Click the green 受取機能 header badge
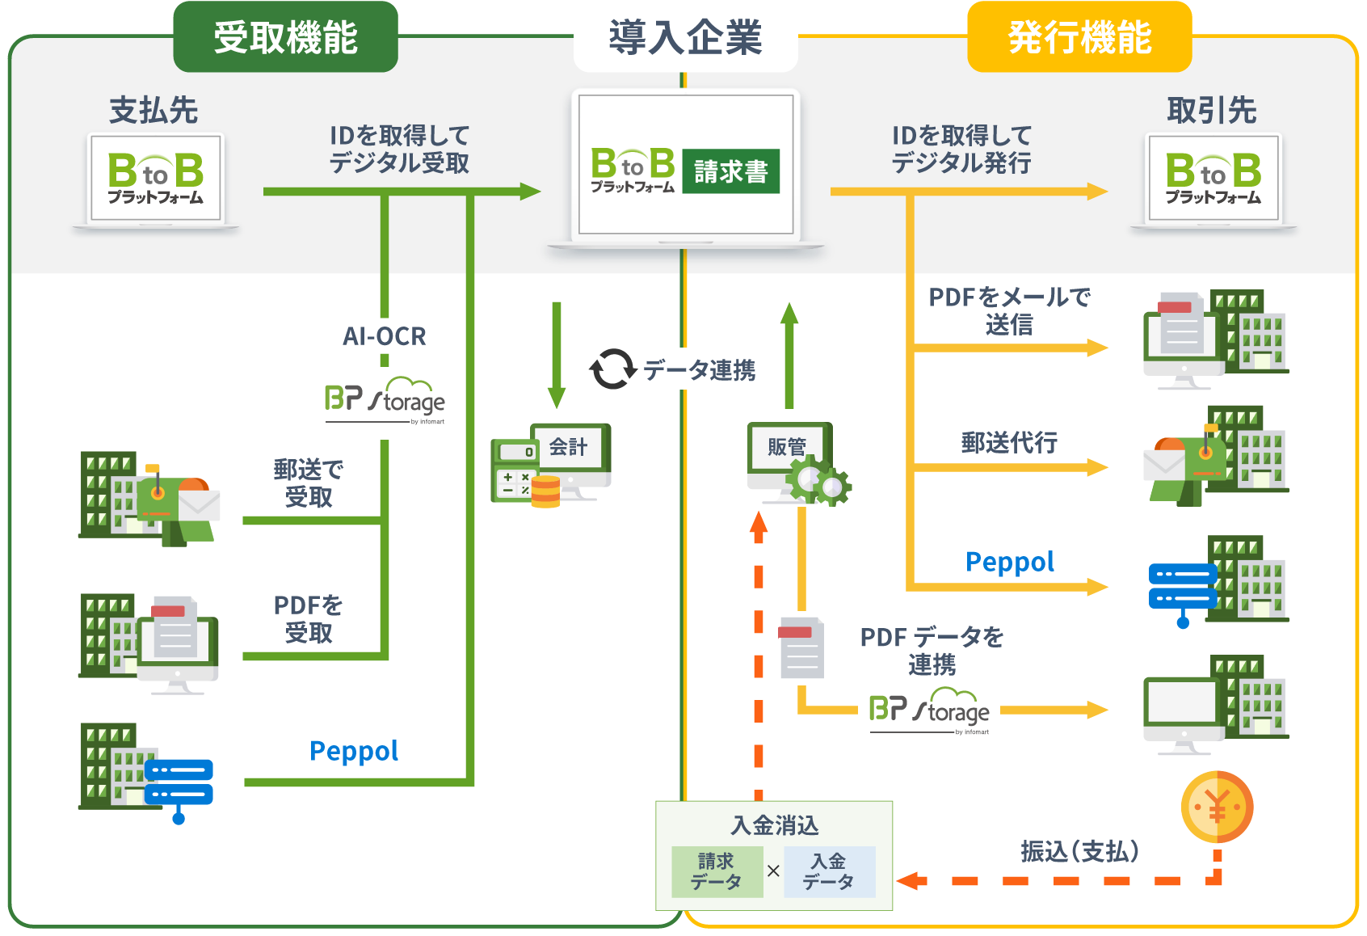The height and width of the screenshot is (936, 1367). pos(285,37)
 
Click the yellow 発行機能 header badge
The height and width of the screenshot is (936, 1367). pos(1079,37)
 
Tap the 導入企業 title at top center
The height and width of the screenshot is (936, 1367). pos(685,38)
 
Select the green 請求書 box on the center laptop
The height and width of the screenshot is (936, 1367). pos(730,171)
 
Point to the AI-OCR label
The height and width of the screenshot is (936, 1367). pos(384,336)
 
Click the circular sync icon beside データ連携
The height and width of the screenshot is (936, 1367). pos(612,369)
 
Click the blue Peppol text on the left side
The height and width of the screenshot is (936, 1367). pos(354,751)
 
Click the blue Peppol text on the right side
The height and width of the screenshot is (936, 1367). pos(1010,562)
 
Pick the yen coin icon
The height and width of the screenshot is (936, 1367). pos(1217,807)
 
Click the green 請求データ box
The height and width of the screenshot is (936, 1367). pos(717,871)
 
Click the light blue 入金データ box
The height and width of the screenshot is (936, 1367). pos(829,871)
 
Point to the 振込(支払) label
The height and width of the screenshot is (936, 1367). pos(1079,851)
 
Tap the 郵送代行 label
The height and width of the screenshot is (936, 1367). pos(1009,442)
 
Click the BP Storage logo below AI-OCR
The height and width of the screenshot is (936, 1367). pos(385,398)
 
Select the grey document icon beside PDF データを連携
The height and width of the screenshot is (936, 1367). pos(801,647)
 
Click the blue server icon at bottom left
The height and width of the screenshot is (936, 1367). pos(179,784)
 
